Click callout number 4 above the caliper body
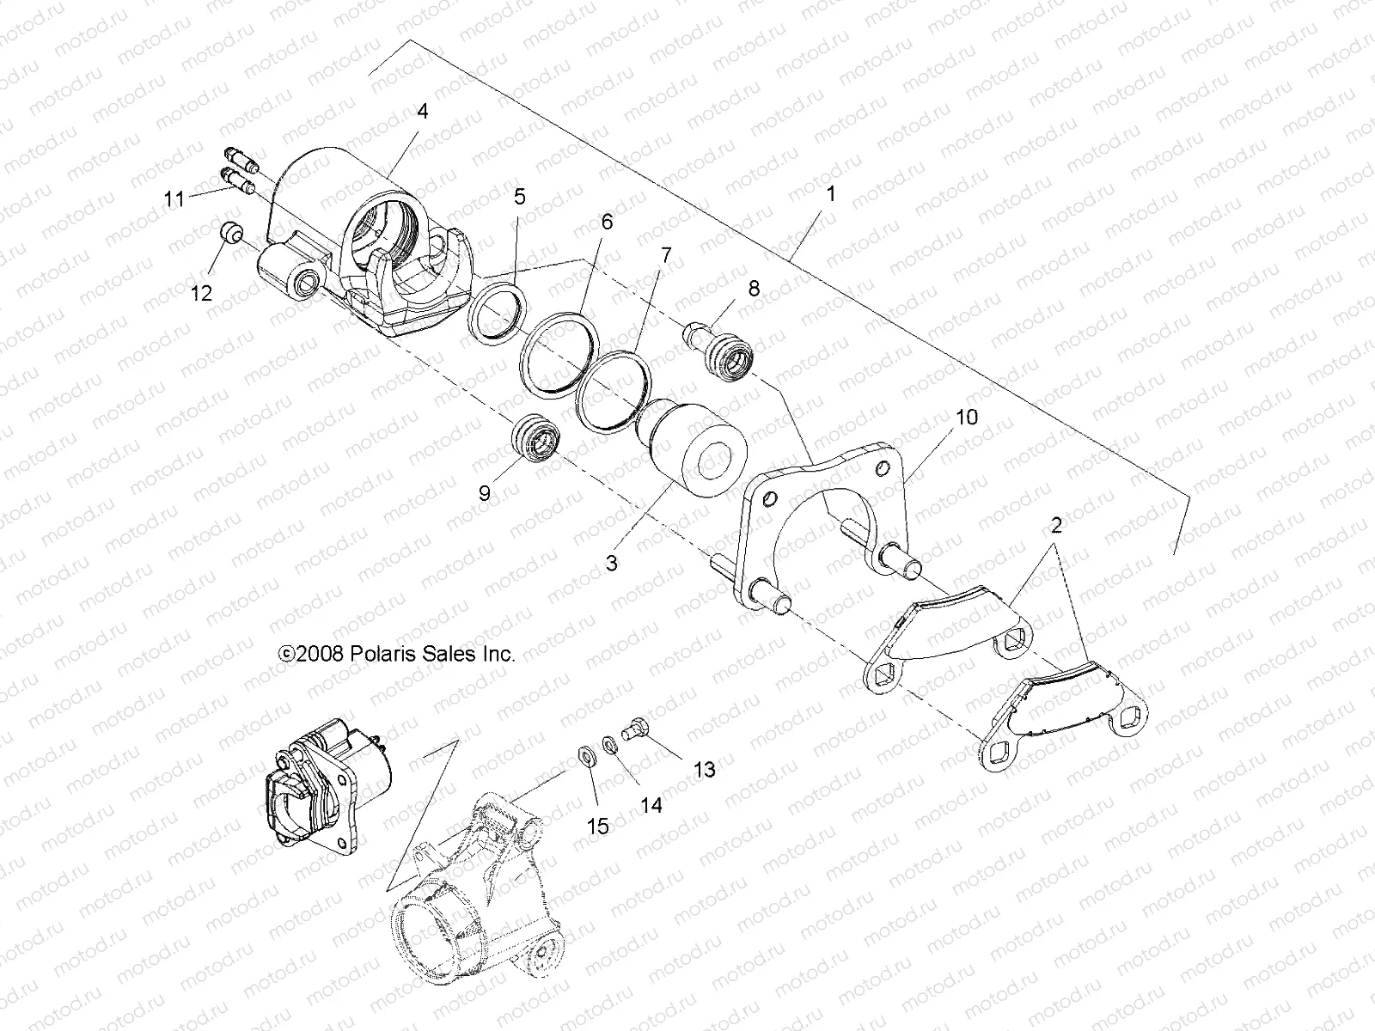[x=422, y=112]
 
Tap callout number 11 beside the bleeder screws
[x=199, y=198]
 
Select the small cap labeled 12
[x=230, y=235]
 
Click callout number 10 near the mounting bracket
[x=967, y=418]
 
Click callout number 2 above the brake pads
[x=1056, y=526]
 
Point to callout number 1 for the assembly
[x=831, y=194]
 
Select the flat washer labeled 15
[x=586, y=756]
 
